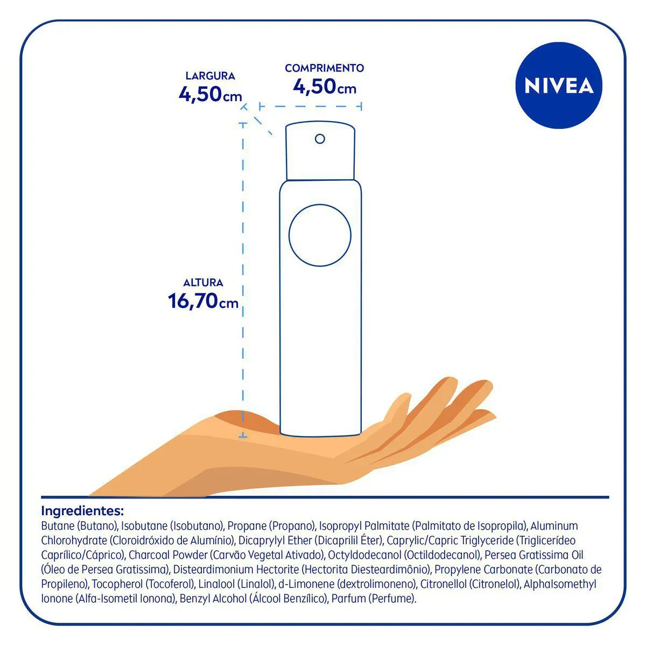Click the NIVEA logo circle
(x=558, y=86)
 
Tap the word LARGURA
(x=210, y=76)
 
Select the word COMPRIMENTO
(x=324, y=68)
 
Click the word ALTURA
(x=203, y=283)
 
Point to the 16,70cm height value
(x=203, y=301)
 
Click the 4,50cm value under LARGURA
(x=210, y=94)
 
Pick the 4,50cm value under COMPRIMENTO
(x=324, y=87)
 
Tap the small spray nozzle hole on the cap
(x=320, y=139)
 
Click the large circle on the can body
(x=320, y=235)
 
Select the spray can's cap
(x=320, y=151)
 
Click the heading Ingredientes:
(x=82, y=511)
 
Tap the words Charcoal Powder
(x=168, y=555)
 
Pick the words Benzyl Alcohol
(x=213, y=599)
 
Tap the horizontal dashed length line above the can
(x=311, y=107)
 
